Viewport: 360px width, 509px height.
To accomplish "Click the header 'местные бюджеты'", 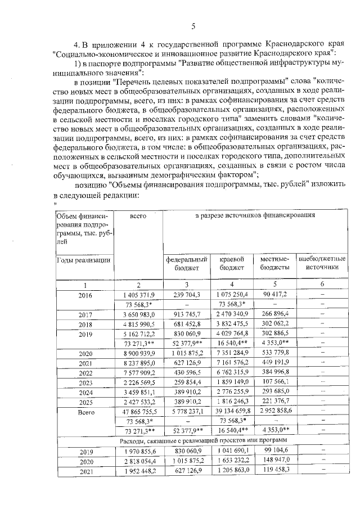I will click(274, 263).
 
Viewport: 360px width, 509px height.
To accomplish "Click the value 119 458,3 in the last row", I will click(274, 472).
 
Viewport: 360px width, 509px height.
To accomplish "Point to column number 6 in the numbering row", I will click(322, 284).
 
